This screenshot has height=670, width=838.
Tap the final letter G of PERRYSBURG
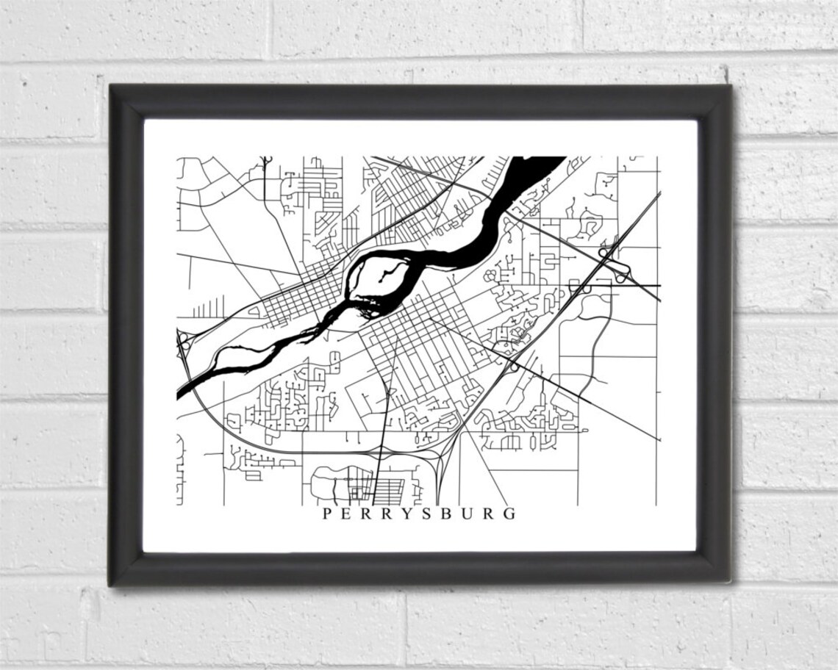(509, 514)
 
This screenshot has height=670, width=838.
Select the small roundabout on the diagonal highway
(514, 365)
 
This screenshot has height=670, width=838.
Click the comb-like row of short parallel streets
(213, 306)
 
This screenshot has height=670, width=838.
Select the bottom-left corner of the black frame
(112, 583)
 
